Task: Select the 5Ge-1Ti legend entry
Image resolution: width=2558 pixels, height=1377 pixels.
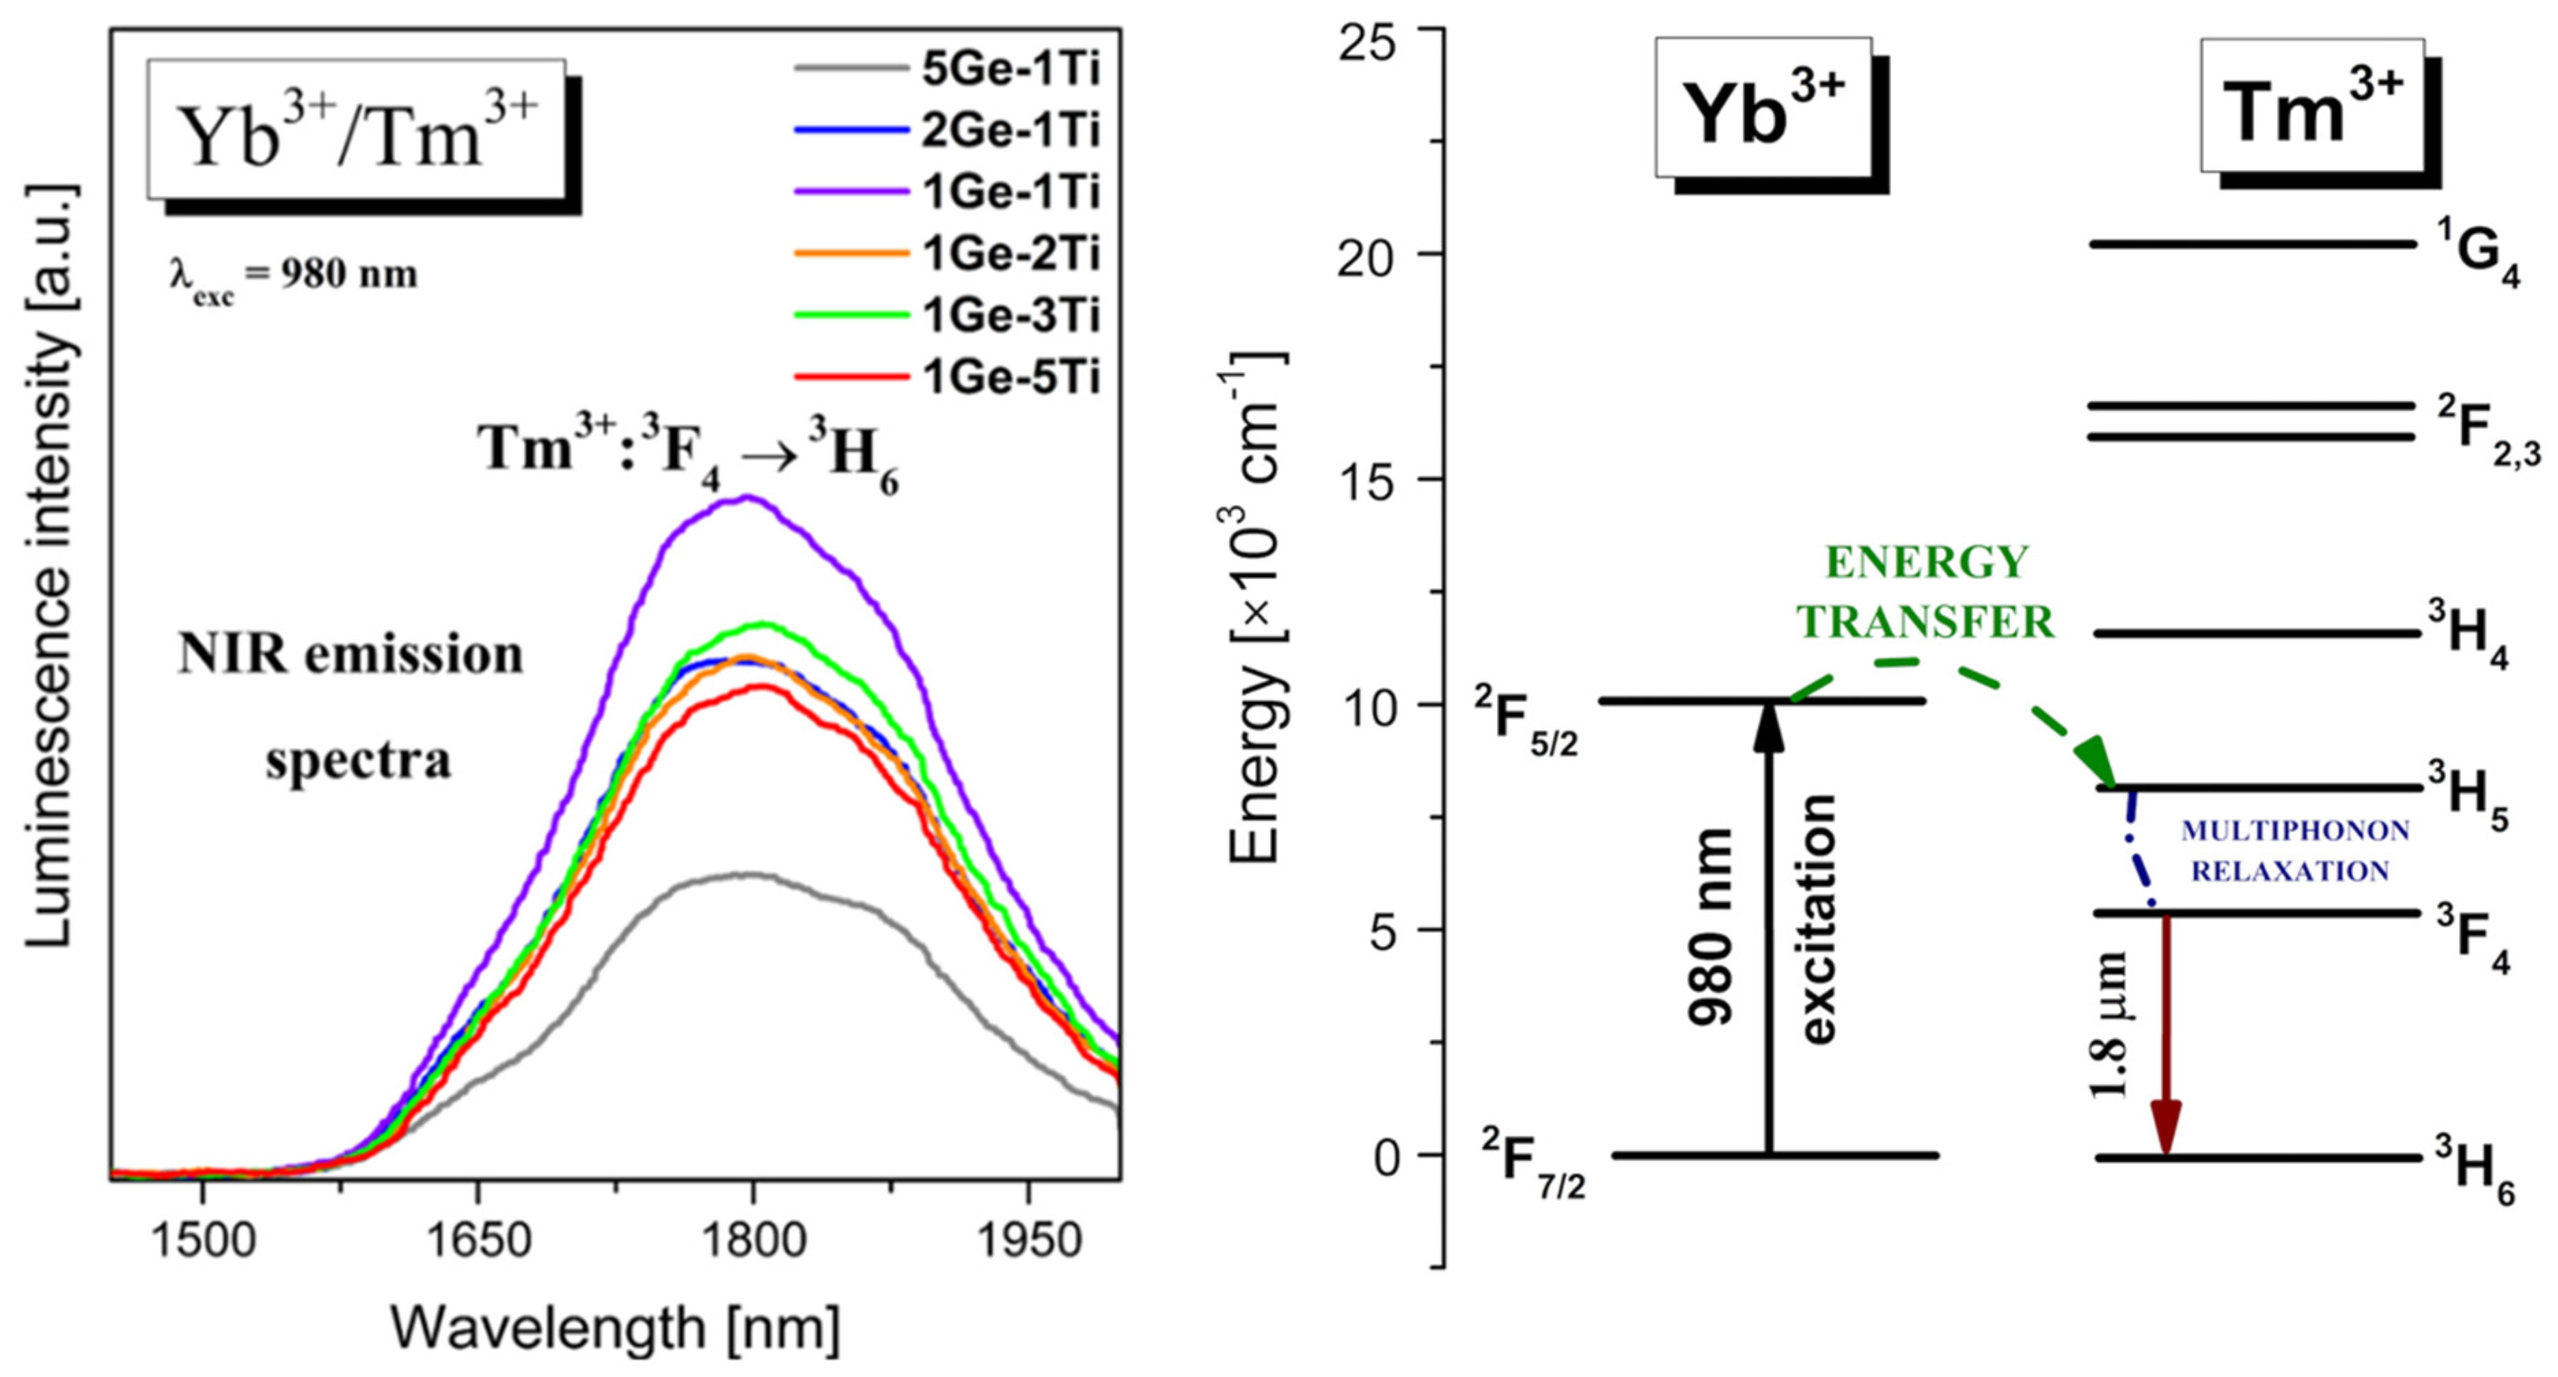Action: [x=1010, y=68]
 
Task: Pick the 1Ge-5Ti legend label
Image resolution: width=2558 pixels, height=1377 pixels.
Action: [x=1010, y=377]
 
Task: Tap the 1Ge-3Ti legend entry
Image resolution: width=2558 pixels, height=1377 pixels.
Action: [x=1010, y=316]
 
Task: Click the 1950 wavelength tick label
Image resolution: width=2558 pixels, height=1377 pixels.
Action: [x=1028, y=1241]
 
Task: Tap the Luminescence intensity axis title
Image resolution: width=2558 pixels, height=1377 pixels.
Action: [x=50, y=566]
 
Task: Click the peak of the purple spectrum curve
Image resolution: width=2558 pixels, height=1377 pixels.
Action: [x=749, y=499]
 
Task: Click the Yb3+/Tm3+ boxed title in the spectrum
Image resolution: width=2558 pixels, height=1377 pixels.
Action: [x=357, y=130]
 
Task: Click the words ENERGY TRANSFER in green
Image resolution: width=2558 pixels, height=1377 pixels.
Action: [x=1925, y=593]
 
